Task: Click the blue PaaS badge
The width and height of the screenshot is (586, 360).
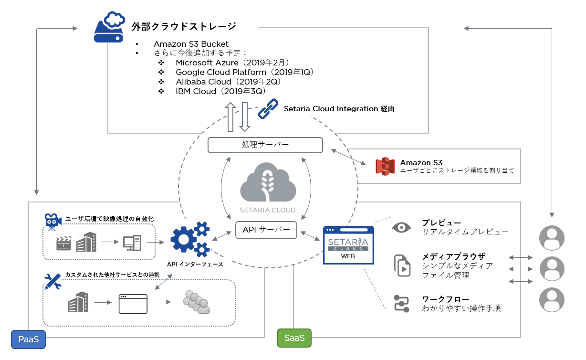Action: [28, 339]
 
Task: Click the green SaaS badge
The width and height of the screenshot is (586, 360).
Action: [294, 338]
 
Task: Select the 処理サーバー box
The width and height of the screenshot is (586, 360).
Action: [265, 145]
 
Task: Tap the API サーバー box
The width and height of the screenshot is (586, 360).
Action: [266, 230]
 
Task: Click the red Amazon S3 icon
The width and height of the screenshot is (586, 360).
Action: [385, 166]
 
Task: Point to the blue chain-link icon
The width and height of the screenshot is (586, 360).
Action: [268, 109]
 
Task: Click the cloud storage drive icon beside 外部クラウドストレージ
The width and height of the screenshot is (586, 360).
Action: [109, 27]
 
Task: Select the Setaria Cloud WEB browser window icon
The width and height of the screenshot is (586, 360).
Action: [348, 245]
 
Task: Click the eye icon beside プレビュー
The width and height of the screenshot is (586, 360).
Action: [401, 227]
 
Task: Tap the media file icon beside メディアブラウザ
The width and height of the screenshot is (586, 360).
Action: [402, 265]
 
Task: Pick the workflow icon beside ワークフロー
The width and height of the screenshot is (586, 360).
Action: [402, 304]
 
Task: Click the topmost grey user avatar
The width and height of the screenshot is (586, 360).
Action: [552, 238]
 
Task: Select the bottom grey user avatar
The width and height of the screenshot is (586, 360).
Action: [552, 300]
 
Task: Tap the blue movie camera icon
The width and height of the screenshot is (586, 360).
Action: [52, 222]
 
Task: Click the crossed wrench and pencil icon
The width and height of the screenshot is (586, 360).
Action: [53, 281]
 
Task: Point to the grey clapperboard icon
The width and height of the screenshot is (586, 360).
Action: [63, 243]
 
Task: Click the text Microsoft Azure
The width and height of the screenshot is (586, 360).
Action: [207, 63]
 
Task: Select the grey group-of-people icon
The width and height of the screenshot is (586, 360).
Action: [197, 302]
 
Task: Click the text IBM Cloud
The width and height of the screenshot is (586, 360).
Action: [196, 91]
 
